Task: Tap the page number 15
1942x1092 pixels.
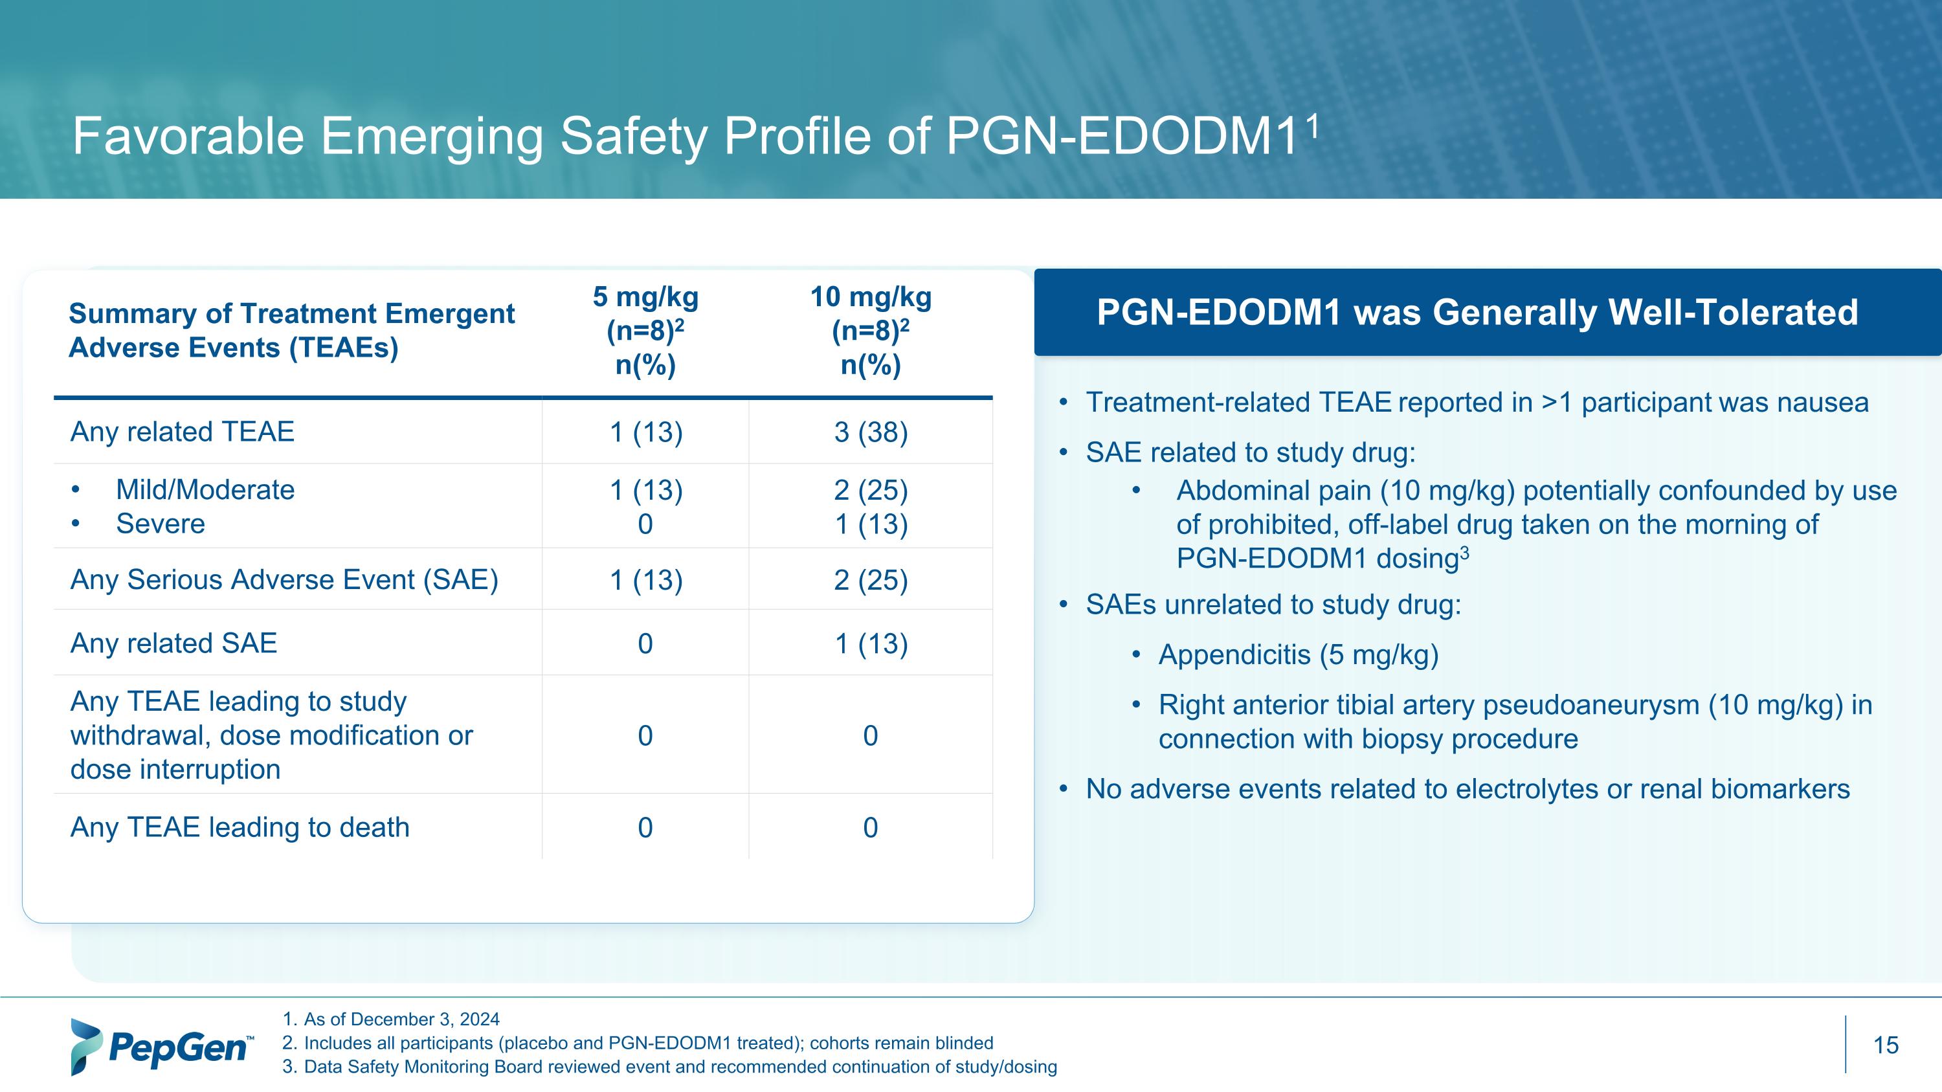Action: (x=1886, y=1045)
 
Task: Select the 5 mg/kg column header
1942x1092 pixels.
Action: (x=645, y=331)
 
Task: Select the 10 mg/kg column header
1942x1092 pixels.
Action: (x=871, y=331)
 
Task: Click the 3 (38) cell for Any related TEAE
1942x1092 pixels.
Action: (x=871, y=432)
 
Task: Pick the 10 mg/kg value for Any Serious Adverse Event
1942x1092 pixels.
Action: (x=871, y=580)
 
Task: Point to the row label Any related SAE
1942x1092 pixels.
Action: (x=173, y=643)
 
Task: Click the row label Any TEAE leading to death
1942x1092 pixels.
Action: (x=240, y=827)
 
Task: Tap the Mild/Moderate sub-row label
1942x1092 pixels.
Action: (x=205, y=490)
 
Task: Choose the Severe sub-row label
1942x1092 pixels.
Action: (x=161, y=524)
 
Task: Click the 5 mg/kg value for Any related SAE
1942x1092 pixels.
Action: (x=645, y=643)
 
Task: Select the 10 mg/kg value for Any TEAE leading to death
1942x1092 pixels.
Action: (x=871, y=827)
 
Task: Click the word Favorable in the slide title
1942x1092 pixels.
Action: (x=188, y=137)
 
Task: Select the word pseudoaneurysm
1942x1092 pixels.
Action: (x=1591, y=705)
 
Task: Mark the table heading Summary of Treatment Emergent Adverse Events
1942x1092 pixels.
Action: (x=292, y=331)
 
